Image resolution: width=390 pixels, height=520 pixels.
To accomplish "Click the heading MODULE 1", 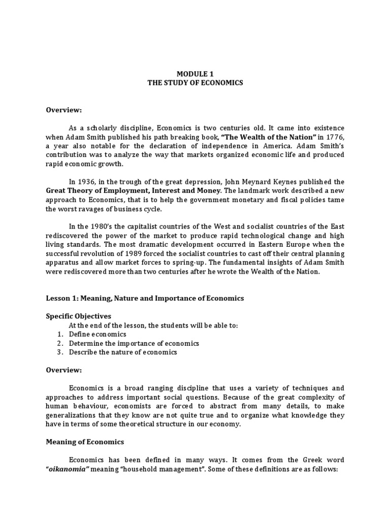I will pos(195,74).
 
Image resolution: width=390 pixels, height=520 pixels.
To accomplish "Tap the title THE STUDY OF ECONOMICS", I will pos(195,83).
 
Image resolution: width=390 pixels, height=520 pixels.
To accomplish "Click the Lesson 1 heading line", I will pos(145,298).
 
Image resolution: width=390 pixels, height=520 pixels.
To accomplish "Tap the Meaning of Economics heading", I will pos(85,442).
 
